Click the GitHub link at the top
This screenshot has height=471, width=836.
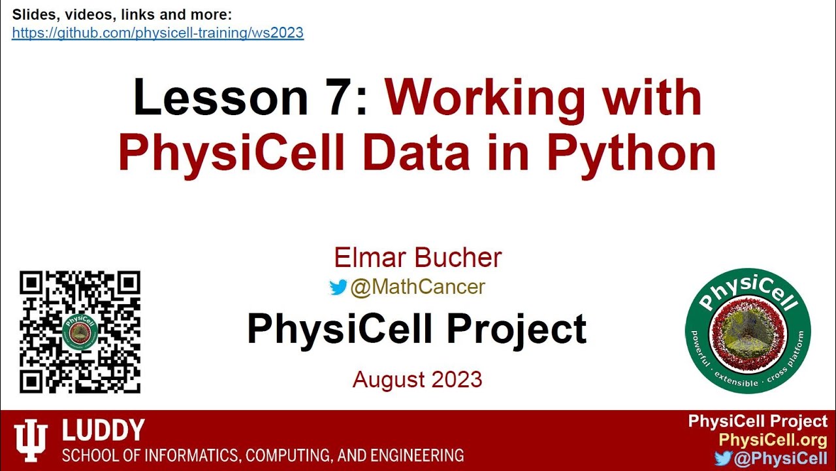click(157, 33)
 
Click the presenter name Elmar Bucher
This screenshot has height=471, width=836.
click(417, 258)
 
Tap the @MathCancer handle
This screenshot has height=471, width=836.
click(417, 287)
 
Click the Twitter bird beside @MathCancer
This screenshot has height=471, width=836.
click(338, 287)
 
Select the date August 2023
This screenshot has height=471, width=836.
click(417, 379)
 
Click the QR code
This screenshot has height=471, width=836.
click(80, 332)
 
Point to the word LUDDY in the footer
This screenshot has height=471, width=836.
click(103, 430)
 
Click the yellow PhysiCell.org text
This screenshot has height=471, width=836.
click(773, 440)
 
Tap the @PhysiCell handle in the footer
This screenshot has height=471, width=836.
click(780, 459)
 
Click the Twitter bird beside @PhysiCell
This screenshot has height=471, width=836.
click(722, 459)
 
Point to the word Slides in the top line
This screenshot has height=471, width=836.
click(31, 14)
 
